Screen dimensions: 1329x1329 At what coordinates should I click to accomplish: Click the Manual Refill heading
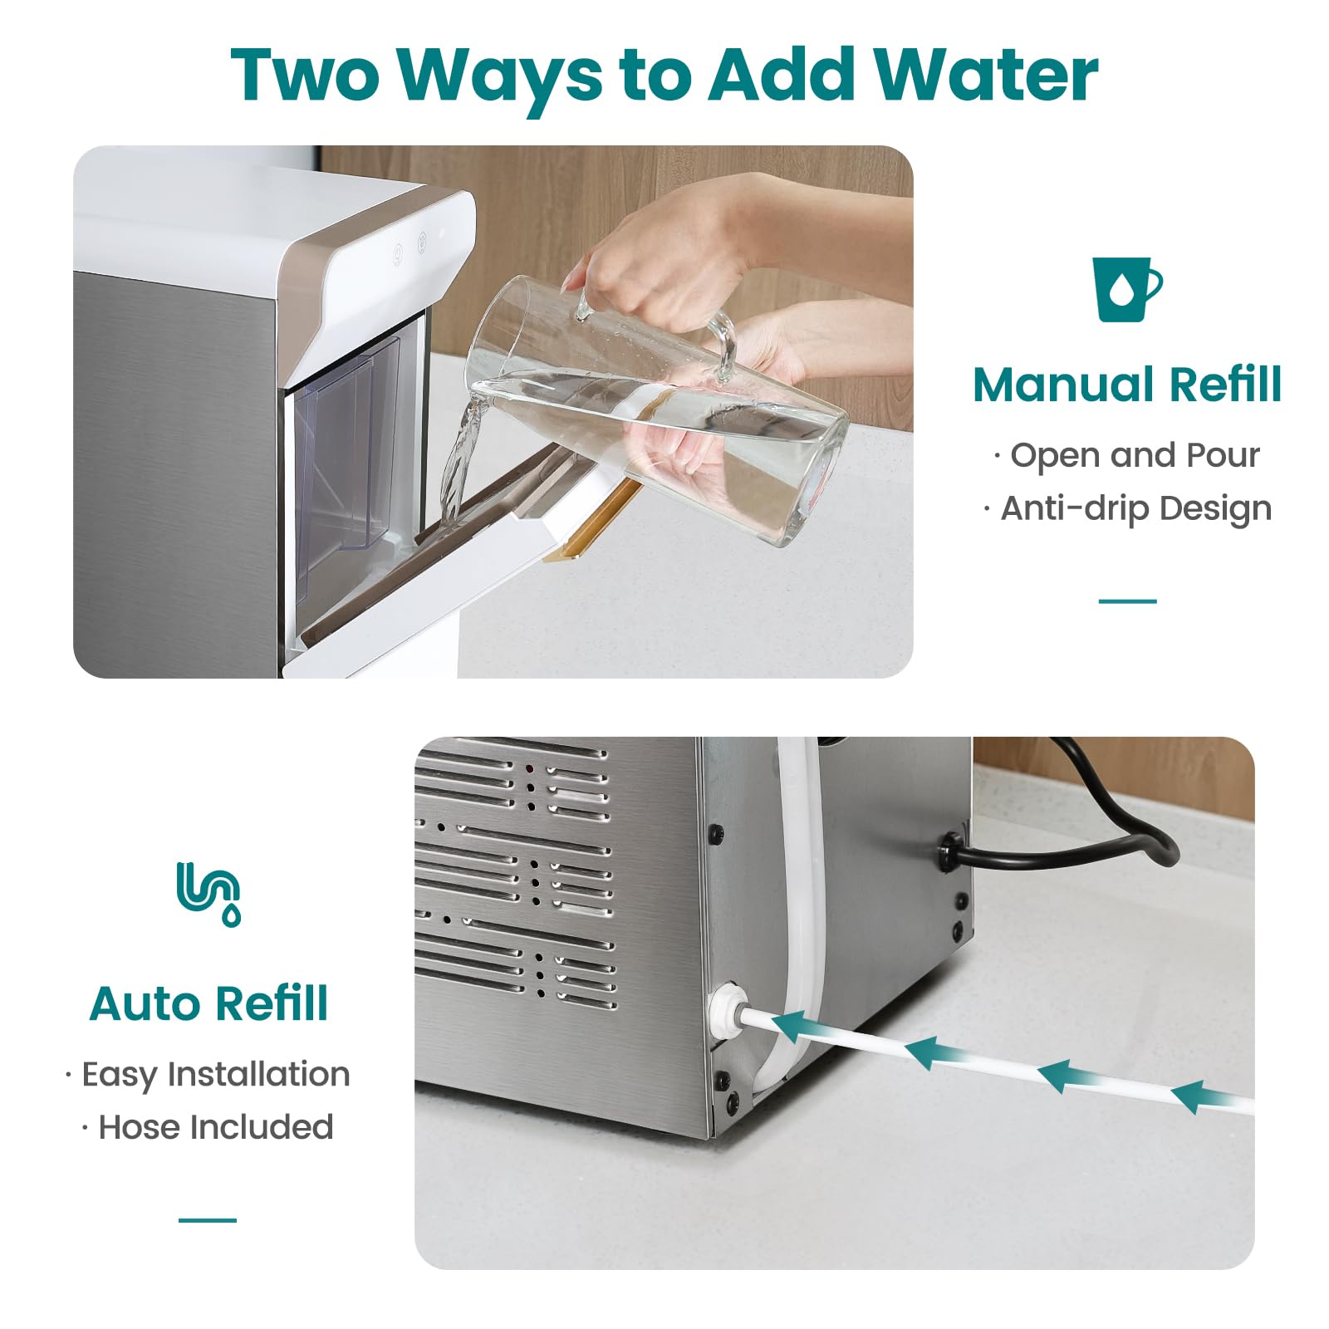click(1127, 385)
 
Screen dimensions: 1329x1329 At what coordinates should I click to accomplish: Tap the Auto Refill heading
click(208, 1003)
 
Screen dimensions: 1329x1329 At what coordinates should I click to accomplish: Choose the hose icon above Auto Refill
click(208, 894)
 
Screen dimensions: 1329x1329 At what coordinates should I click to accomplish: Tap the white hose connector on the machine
click(725, 1008)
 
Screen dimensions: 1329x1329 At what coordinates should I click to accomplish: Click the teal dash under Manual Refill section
click(1127, 601)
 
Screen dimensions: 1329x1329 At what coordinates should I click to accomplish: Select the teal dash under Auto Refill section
click(208, 1220)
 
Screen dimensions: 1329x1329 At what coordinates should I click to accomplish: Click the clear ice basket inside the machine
click(349, 449)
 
